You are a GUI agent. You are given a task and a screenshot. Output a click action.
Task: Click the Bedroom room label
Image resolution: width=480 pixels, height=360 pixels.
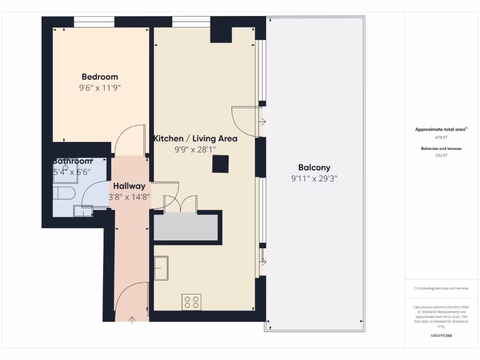(x=100, y=77)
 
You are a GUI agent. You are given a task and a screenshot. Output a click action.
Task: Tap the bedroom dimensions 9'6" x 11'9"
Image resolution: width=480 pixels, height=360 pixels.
(x=100, y=88)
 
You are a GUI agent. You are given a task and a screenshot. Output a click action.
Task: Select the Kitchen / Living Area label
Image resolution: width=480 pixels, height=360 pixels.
(x=195, y=139)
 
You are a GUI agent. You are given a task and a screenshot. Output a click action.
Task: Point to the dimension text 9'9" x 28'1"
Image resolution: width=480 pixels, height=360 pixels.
(x=195, y=150)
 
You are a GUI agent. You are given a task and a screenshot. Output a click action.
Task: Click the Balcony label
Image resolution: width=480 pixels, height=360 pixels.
(x=314, y=167)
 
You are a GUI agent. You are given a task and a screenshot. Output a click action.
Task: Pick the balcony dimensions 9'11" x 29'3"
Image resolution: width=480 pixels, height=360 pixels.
(x=314, y=178)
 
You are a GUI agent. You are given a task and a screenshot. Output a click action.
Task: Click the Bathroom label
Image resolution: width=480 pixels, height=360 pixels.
(x=72, y=161)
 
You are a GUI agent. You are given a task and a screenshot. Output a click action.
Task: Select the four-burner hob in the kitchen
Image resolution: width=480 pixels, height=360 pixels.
(x=191, y=302)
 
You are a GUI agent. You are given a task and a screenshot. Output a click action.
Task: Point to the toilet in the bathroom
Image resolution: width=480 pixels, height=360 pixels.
(x=63, y=193)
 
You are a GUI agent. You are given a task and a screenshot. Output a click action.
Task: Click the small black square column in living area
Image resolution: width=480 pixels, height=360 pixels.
(x=220, y=165)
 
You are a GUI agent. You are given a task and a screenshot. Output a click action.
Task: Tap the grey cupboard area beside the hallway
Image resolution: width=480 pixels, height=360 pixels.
(x=186, y=228)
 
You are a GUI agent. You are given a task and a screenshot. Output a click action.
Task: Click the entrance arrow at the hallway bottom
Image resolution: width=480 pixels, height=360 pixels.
(x=132, y=320)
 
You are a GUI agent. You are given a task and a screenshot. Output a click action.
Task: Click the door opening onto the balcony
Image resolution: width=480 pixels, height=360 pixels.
(x=246, y=122)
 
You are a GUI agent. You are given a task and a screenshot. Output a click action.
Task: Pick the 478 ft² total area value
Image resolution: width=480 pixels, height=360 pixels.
(x=441, y=137)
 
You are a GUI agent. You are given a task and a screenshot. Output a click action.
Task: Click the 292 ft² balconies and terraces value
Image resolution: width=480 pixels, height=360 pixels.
(x=441, y=155)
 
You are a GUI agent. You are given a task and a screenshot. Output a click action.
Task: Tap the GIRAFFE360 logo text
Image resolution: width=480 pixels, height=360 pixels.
(x=441, y=336)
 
